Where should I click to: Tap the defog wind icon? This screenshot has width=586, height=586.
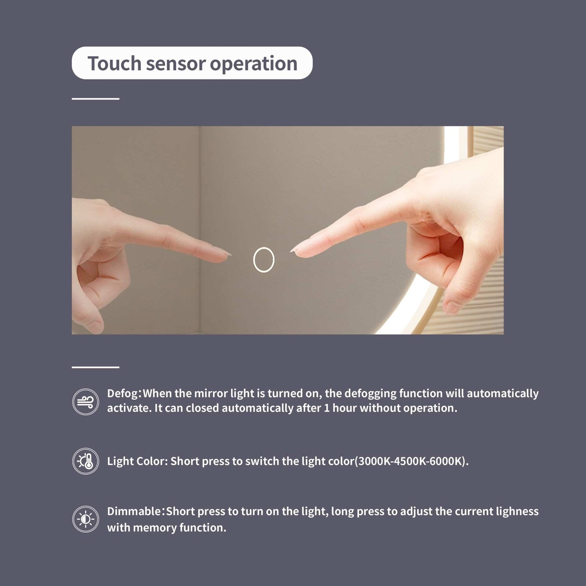86,402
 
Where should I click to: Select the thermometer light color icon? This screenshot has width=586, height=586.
86,461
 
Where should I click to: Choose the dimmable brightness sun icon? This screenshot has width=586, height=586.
86,519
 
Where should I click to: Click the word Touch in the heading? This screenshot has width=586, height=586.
114,63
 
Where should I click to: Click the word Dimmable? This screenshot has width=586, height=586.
134,511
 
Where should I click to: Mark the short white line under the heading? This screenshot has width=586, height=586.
95,99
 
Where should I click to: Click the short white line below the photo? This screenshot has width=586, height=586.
95,367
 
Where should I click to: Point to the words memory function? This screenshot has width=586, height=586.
179,528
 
